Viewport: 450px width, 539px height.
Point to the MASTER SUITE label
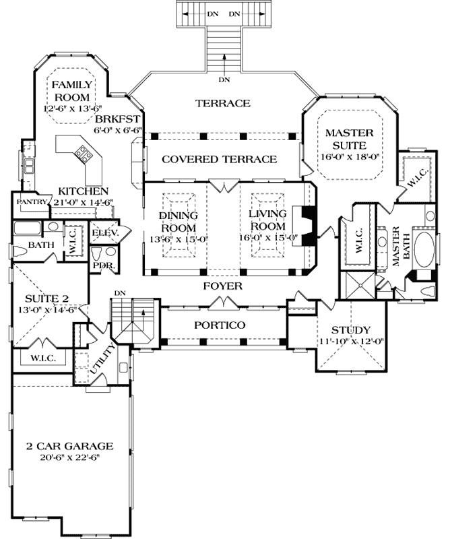click(345, 139)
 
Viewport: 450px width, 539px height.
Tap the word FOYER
click(223, 286)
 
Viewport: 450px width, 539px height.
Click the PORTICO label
click(219, 325)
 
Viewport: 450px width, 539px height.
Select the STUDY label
click(350, 330)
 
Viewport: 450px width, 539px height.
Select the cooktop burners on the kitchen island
click(84, 154)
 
